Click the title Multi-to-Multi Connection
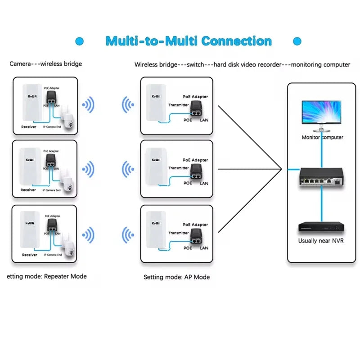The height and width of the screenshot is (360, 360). coord(188,41)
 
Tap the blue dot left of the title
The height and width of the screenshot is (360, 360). coord(80,41)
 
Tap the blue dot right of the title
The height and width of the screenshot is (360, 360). coord(297,41)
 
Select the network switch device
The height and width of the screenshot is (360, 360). coord(322,177)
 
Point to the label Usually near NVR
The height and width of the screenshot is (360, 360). coord(321,241)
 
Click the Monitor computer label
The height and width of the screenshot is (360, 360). coord(322,137)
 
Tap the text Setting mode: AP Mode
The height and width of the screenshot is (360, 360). coord(176,277)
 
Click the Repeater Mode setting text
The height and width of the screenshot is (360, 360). coord(47,276)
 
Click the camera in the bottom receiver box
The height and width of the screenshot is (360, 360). coord(68,249)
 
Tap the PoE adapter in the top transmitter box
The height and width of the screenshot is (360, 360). coord(196,108)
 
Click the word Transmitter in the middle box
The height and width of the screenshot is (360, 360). coord(179,168)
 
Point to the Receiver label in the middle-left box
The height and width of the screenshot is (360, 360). coord(28,190)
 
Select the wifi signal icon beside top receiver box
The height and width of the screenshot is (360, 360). coord(88,106)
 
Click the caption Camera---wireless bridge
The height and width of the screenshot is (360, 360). coord(46,64)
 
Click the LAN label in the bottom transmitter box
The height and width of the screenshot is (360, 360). coord(204,248)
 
